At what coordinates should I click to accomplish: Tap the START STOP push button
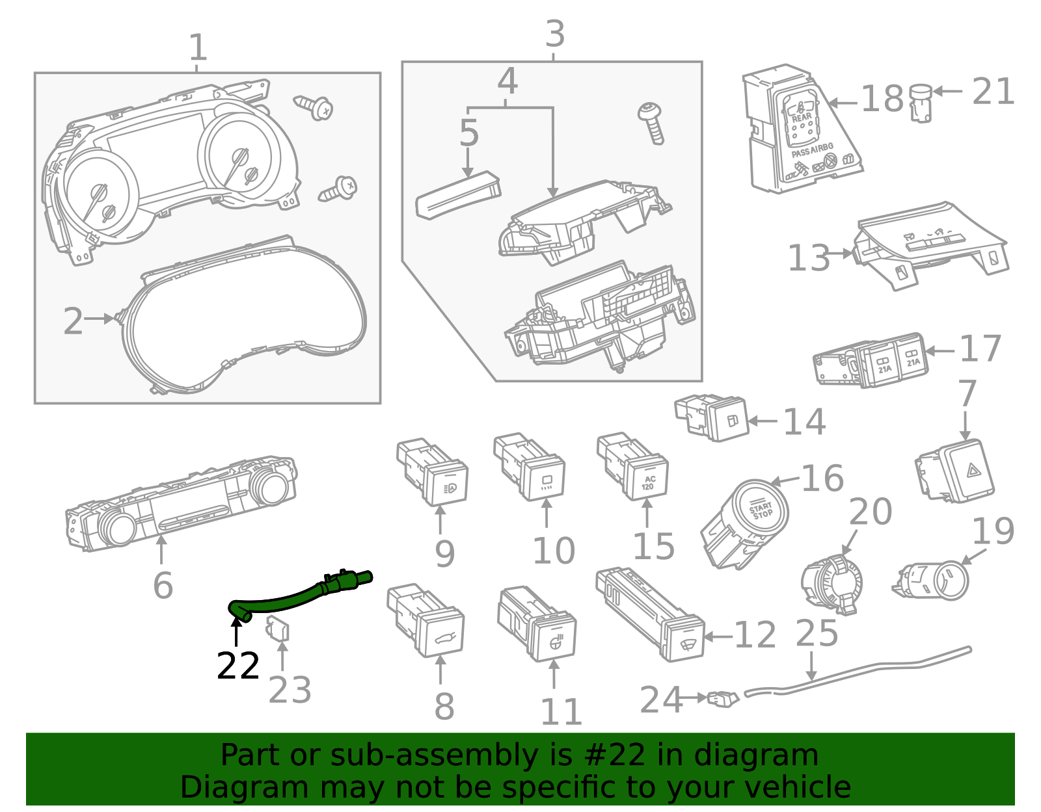[761, 510]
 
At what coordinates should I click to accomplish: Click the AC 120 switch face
[648, 482]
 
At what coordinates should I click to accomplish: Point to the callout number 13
[809, 258]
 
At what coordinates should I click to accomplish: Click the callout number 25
[817, 633]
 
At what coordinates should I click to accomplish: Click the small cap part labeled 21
[920, 102]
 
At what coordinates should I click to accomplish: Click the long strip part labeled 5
[457, 195]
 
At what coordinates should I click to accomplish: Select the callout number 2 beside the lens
[73, 322]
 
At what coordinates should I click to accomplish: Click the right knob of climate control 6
[269, 486]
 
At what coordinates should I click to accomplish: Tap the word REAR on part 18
[802, 118]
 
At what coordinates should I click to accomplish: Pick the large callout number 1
[198, 47]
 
